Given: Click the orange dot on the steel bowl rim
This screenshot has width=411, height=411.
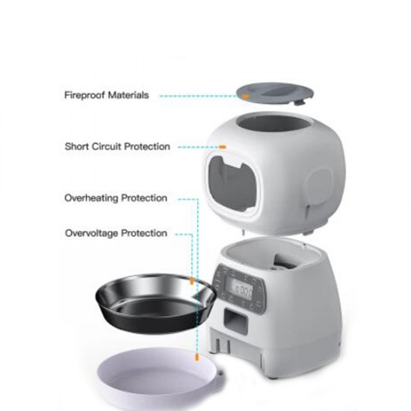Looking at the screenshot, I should pyautogui.click(x=192, y=282).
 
